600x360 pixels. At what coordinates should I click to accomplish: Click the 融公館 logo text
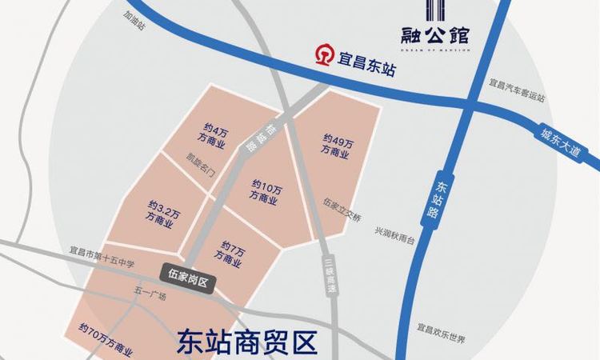click(x=435, y=34)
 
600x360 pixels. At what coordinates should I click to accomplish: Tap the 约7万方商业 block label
click(x=233, y=250)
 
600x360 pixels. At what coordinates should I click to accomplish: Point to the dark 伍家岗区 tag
click(x=189, y=274)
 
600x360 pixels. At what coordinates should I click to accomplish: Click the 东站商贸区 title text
click(x=245, y=342)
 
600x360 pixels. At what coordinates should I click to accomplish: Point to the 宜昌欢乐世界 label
click(x=442, y=329)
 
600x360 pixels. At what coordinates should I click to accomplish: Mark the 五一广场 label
click(x=150, y=296)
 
